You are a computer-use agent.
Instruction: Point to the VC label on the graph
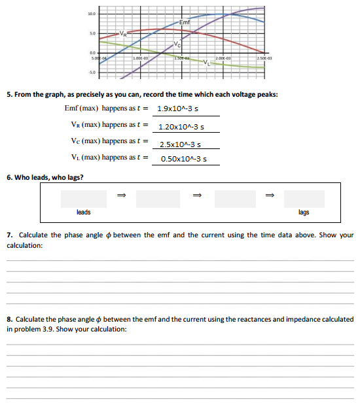click(x=178, y=44)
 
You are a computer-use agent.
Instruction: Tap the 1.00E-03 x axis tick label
click(x=141, y=59)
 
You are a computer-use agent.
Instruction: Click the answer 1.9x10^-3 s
click(x=178, y=109)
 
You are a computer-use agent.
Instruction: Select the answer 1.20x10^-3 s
click(x=181, y=127)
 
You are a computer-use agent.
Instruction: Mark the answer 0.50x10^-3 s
click(x=183, y=159)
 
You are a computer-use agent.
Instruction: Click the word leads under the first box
click(x=84, y=212)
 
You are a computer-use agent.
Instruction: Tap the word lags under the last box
click(x=304, y=212)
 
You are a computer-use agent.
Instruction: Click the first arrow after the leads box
click(x=120, y=194)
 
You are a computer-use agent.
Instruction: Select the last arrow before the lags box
click(x=268, y=194)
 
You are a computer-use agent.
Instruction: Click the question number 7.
click(x=9, y=235)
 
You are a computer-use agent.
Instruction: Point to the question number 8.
click(x=9, y=319)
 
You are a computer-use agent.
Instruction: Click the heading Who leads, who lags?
click(x=49, y=178)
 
